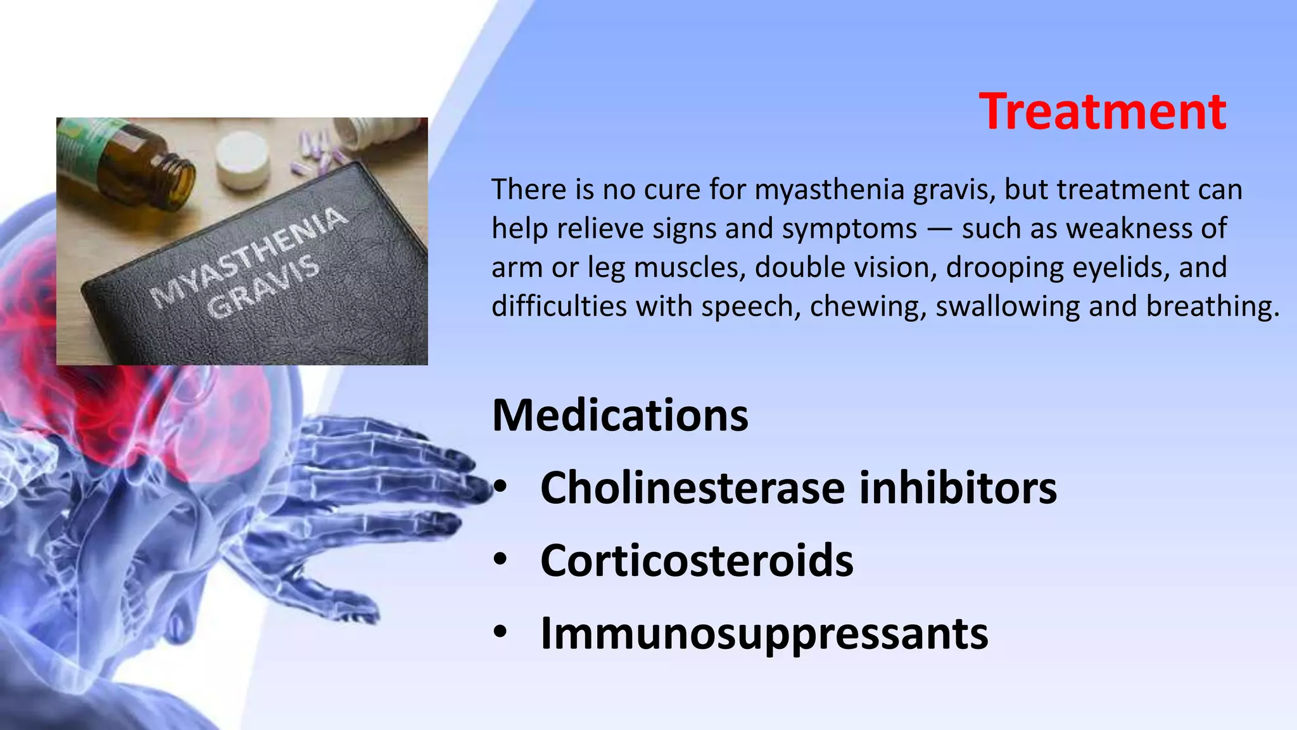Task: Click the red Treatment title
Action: pos(1102,112)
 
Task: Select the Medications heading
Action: pos(620,416)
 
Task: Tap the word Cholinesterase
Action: pos(692,488)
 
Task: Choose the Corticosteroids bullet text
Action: pos(697,561)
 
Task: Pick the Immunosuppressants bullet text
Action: pos(764,633)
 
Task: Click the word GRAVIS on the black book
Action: pos(263,286)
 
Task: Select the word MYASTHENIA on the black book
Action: pos(248,255)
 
